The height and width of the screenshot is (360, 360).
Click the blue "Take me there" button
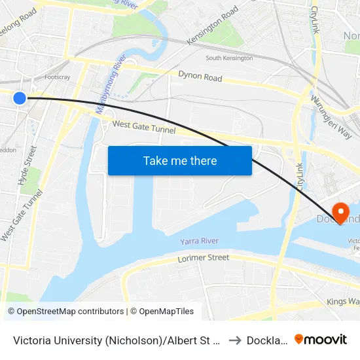[x=180, y=160]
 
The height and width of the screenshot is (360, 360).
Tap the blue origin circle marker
[x=20, y=98]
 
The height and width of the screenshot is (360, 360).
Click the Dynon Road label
[x=200, y=77]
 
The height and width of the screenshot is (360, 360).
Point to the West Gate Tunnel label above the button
[x=144, y=127]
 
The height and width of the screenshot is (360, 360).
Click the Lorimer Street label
[x=204, y=259]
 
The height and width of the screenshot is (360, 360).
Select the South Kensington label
[x=229, y=58]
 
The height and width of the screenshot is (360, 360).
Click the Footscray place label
[x=58, y=77]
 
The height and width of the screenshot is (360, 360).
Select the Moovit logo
[x=321, y=339]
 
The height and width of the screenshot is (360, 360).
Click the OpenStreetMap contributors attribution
[x=66, y=312]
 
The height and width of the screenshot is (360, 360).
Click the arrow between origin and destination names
[x=234, y=339]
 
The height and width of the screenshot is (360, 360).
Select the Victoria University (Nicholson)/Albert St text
[x=117, y=339]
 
